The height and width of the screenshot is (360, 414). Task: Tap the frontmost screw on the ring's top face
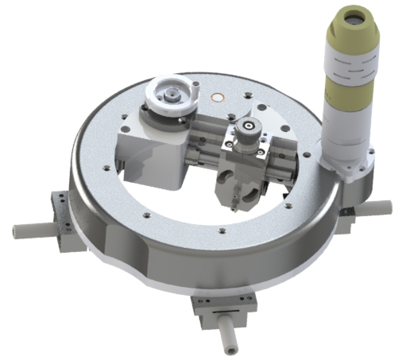tap(222, 231)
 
